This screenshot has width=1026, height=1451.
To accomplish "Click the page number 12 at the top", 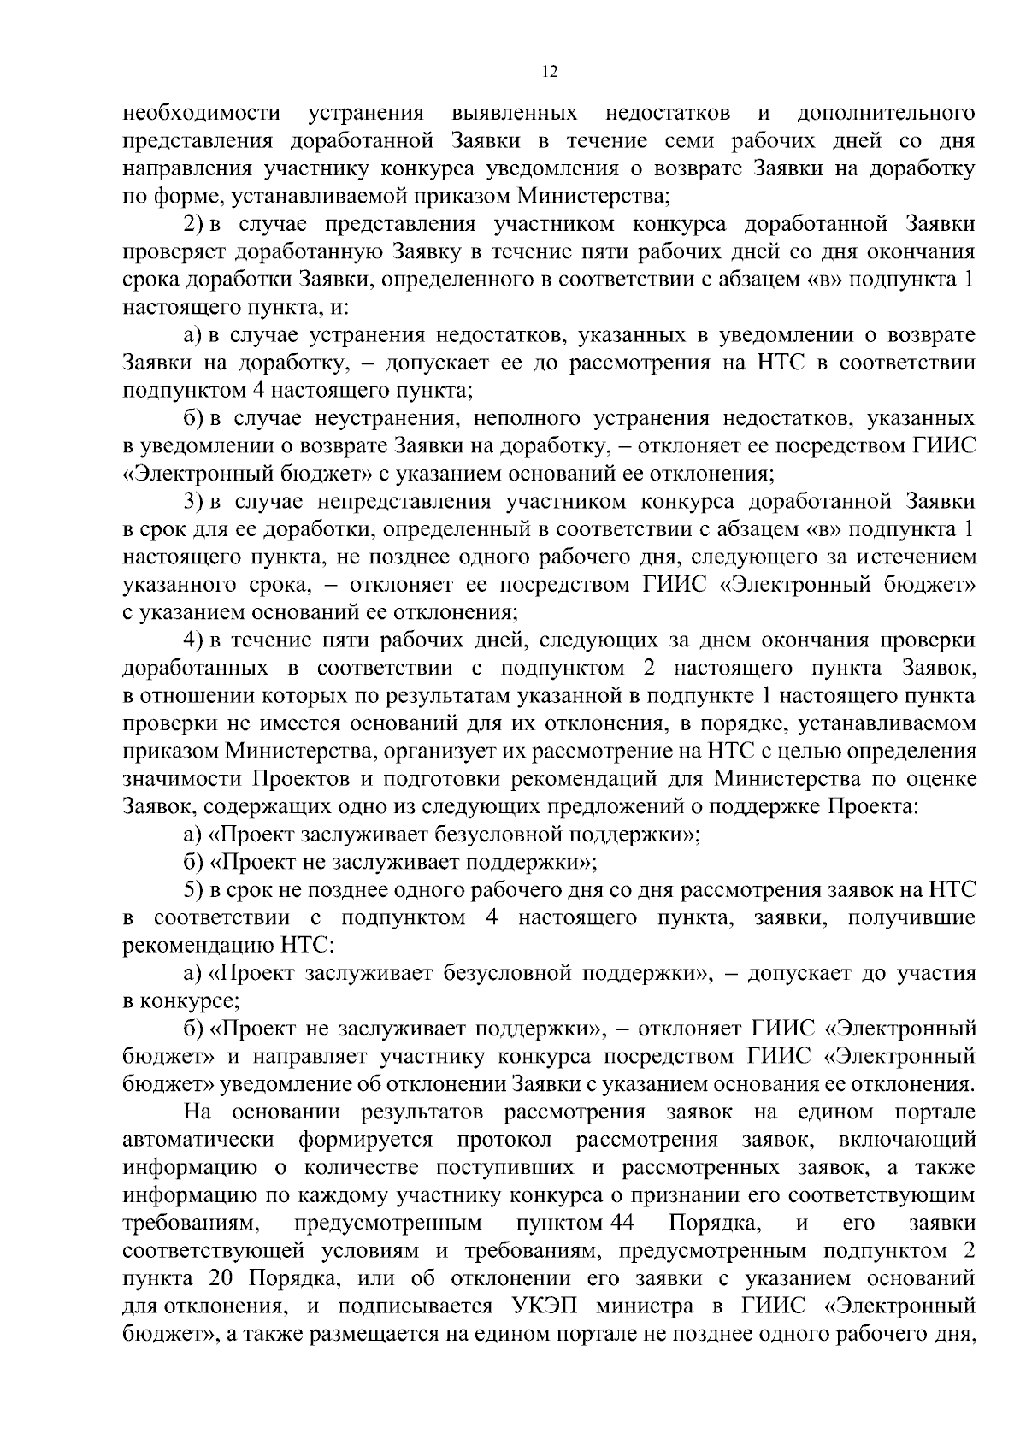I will (x=550, y=73).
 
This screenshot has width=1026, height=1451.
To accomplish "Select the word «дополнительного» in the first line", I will (x=886, y=113).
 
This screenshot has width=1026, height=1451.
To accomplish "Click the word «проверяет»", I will (x=175, y=252).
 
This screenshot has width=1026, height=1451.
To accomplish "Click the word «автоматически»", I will (x=198, y=1140).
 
